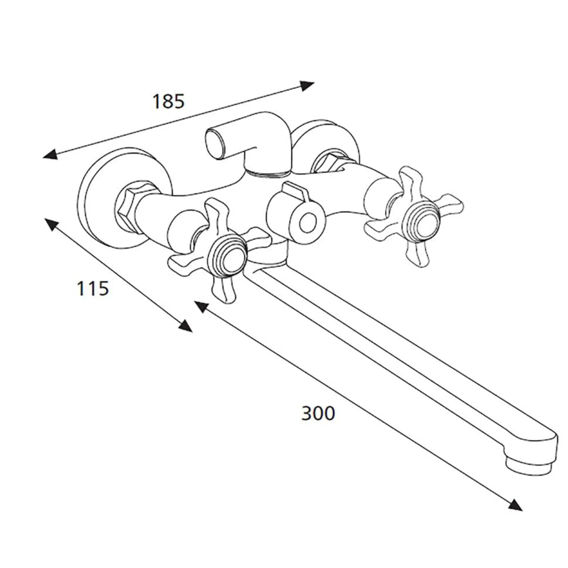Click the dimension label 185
point(169,101)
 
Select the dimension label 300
point(318,413)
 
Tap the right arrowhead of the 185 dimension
point(307,86)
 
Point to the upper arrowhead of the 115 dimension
point(51,225)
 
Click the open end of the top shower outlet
point(214,143)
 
